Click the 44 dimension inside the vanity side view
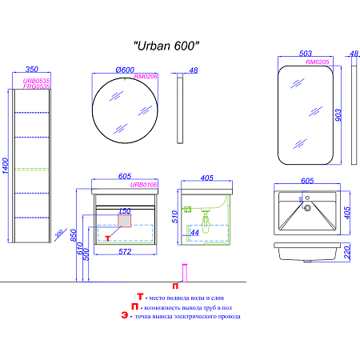pos(195,232)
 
